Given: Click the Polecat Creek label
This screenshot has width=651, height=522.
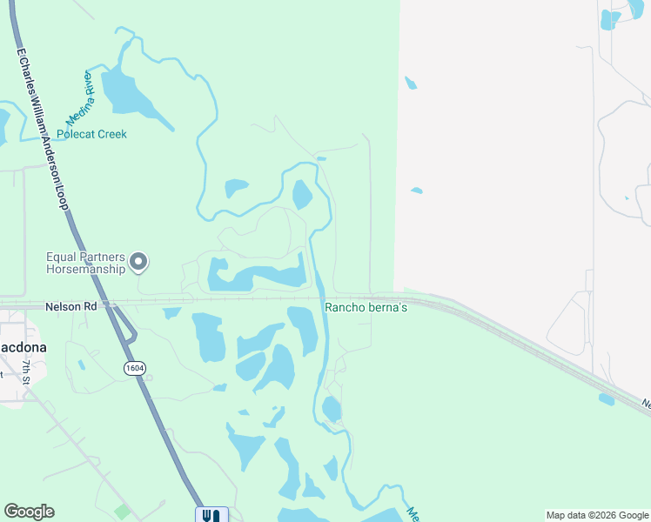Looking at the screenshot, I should coord(91,134).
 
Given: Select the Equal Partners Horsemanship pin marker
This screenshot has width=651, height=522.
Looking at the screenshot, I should coord(139,262).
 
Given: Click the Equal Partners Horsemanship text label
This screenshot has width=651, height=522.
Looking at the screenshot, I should coord(85,262).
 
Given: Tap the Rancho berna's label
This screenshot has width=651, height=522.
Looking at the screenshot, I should coord(366,307).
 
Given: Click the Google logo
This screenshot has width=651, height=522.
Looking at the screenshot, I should coord(29,512).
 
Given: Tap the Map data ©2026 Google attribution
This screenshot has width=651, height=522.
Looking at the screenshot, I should coord(597,515).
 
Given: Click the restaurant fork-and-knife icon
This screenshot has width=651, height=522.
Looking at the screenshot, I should coord(211,515).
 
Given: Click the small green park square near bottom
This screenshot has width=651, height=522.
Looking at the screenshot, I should coord(122,512).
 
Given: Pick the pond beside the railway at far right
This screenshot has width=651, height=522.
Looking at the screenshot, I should coord(606,399).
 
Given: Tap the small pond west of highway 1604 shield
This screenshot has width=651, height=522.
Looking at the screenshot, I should coord(81,365).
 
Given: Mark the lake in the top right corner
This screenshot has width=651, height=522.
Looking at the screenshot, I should coord(611,18).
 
